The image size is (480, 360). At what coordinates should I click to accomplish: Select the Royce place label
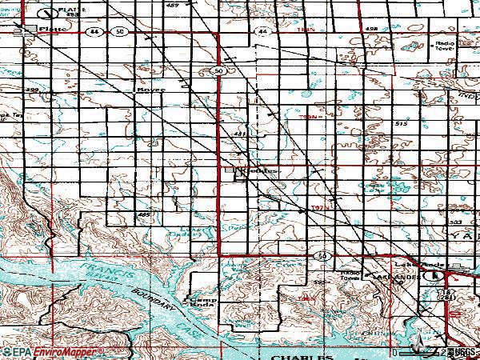[150, 90]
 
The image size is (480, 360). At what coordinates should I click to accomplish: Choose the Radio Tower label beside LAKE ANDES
[350, 274]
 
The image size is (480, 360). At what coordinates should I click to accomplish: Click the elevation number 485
[145, 215]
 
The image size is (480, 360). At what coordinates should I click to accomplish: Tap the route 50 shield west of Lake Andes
[322, 254]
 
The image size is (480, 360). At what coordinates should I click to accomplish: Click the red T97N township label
[320, 210]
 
